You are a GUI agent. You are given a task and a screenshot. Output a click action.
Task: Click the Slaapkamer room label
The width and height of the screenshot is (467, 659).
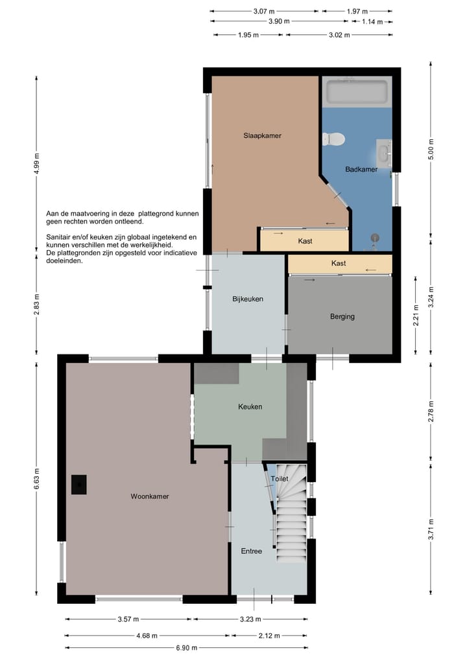click(262, 135)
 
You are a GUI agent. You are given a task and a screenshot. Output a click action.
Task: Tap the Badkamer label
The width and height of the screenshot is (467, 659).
click(361, 169)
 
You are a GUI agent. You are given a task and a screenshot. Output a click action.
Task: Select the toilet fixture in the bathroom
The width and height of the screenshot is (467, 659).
click(333, 139)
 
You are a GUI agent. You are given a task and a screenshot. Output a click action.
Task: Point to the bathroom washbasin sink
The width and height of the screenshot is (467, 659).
click(384, 154)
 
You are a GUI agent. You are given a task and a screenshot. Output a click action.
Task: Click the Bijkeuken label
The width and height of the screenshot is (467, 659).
click(248, 299)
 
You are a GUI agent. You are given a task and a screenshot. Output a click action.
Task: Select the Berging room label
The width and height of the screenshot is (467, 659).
click(342, 316)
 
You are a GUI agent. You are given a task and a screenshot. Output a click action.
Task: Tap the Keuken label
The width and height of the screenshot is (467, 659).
click(250, 407)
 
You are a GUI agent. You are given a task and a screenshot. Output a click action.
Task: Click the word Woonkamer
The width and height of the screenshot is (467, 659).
click(150, 496)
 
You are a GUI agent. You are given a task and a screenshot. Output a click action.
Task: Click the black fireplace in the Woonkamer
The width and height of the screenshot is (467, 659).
click(78, 485)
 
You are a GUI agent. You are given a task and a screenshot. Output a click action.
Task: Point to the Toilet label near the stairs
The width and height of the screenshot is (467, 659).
click(280, 479)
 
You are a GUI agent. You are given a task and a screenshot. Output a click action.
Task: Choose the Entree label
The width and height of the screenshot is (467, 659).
click(251, 551)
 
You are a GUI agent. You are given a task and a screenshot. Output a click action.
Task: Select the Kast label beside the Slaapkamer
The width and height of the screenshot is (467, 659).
click(305, 241)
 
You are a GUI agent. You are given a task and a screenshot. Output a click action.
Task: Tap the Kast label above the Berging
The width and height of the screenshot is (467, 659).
click(339, 264)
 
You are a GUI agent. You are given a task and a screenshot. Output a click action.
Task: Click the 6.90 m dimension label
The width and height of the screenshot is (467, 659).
click(186, 647)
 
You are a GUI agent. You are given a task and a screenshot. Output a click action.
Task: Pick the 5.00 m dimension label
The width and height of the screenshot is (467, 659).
click(431, 149)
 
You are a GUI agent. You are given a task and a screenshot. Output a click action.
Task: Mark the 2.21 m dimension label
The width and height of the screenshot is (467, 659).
click(416, 315)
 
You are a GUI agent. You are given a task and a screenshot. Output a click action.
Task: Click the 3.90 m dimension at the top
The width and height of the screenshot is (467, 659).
click(279, 21)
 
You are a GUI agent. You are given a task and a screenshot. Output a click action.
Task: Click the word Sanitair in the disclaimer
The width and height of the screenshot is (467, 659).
click(58, 237)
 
